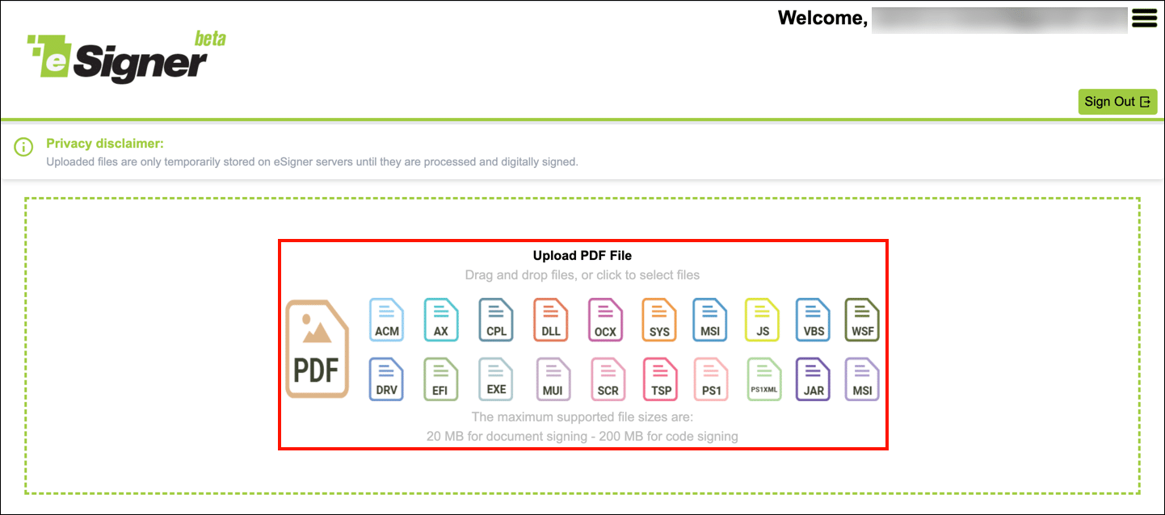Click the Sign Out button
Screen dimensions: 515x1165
(x=1117, y=102)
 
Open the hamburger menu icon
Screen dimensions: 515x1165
(x=1145, y=18)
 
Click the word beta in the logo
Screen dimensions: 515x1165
(x=210, y=38)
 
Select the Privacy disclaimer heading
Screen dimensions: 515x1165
(x=105, y=144)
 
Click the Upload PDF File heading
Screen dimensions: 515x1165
(x=582, y=256)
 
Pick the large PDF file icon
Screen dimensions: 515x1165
(x=317, y=349)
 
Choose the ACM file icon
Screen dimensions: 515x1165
(x=387, y=320)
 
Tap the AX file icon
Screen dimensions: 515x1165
(x=441, y=320)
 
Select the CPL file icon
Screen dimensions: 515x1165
(x=496, y=320)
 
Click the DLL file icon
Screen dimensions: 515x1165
(x=550, y=320)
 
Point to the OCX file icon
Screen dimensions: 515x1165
(x=605, y=320)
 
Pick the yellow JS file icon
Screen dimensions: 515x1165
(x=762, y=320)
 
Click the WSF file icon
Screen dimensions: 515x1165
(x=862, y=320)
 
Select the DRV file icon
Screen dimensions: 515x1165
(x=386, y=379)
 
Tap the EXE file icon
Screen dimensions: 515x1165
(x=496, y=379)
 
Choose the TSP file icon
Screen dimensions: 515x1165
(x=660, y=379)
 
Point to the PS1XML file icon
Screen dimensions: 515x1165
(x=764, y=379)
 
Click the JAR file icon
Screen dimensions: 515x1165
(x=814, y=379)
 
